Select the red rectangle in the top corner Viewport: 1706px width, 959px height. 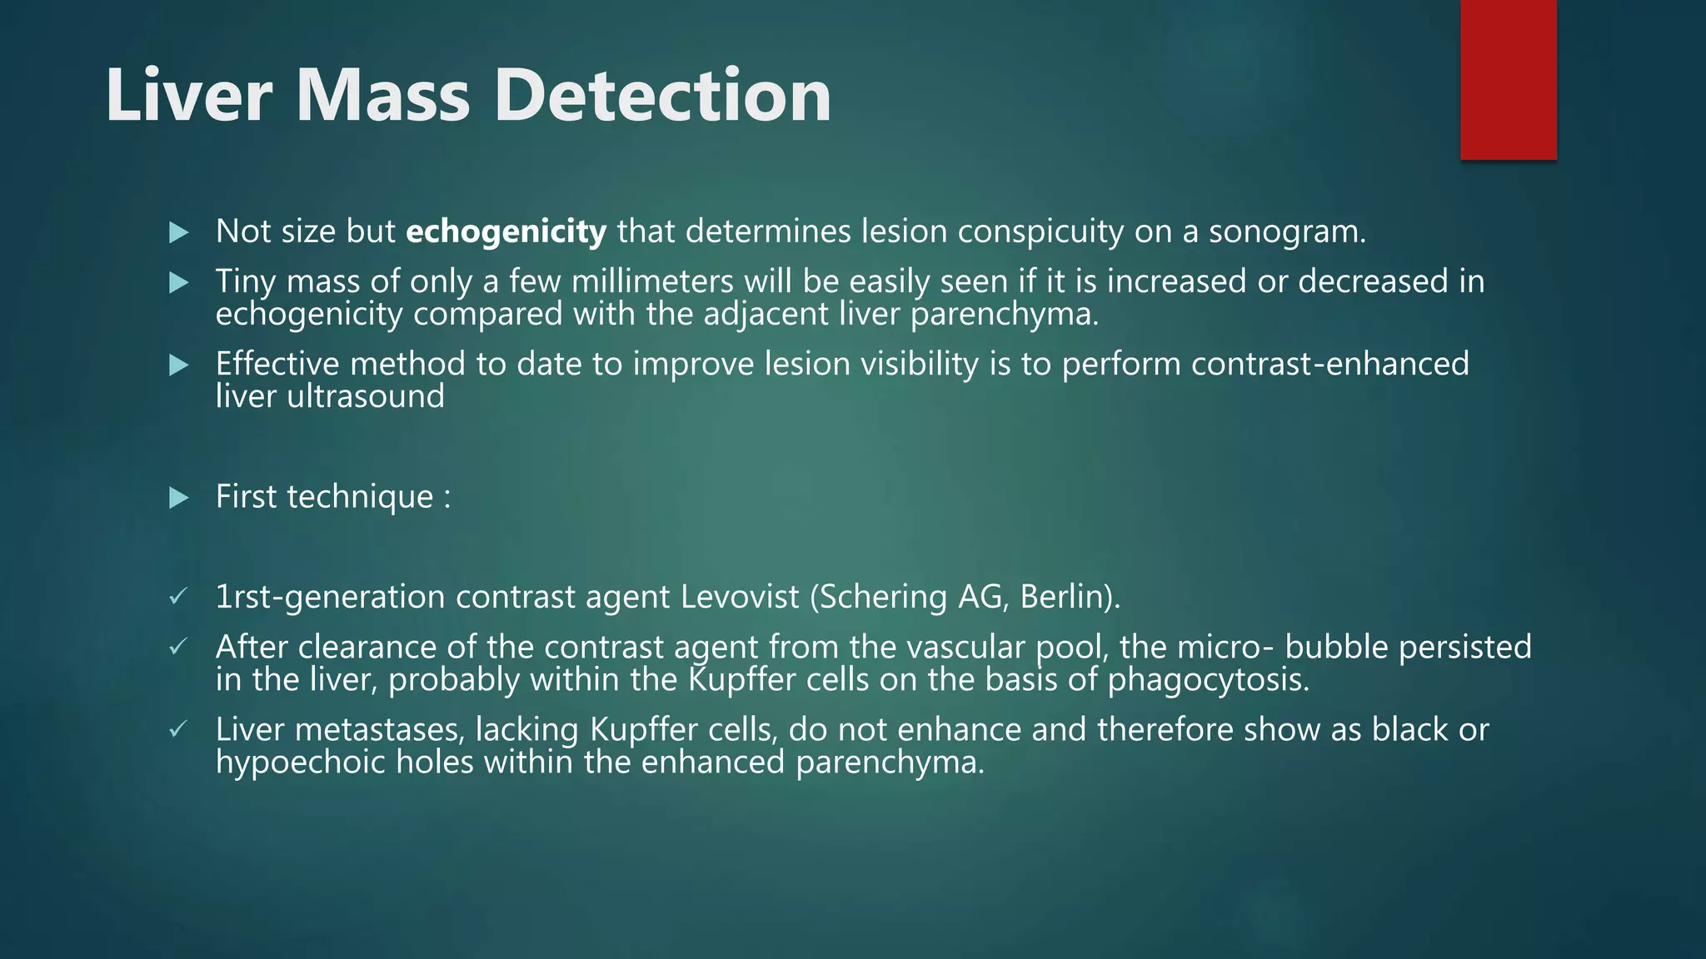coord(1508,80)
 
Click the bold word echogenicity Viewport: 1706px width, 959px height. coord(506,232)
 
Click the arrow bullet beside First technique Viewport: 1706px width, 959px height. coord(178,499)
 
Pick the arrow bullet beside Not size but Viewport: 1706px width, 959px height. coord(178,233)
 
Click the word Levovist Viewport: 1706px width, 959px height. coord(740,597)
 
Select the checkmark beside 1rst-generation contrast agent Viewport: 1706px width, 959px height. coord(177,597)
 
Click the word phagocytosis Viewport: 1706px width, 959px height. coord(1208,681)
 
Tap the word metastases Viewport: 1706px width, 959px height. coord(379,730)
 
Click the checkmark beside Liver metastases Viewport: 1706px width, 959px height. coord(177,730)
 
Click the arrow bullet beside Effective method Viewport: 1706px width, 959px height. coord(178,365)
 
